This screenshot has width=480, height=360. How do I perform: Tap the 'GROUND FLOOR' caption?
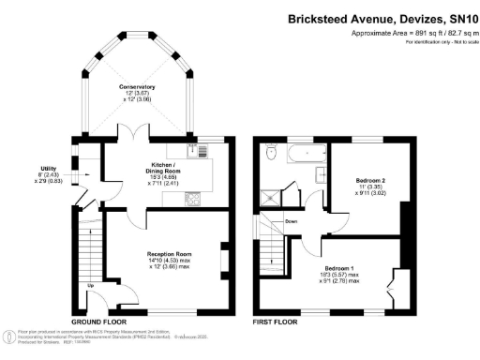(x=99, y=321)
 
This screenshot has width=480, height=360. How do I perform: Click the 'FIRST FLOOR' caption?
(x=278, y=321)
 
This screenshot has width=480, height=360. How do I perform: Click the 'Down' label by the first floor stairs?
(x=292, y=221)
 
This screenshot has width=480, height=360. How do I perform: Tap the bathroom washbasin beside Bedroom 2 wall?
(x=321, y=174)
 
